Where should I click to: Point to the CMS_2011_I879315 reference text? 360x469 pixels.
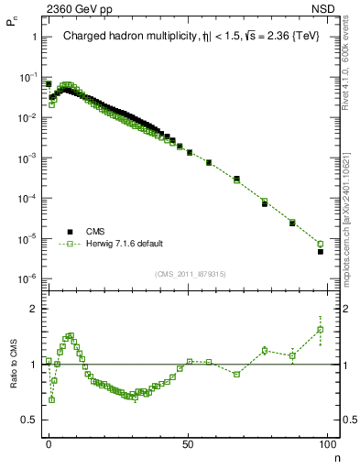pos(190,273)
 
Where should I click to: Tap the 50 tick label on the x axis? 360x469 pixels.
pos(189,443)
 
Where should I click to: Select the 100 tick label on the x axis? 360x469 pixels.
pos(328,443)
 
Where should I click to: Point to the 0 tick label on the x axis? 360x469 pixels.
pos(49,443)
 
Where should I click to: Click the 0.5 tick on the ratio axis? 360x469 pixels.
pos(29,420)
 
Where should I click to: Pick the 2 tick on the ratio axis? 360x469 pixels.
pos(34,309)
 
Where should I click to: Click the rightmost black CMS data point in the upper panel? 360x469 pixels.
pos(321,251)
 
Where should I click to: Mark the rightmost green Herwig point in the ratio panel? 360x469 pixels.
pos(321,330)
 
